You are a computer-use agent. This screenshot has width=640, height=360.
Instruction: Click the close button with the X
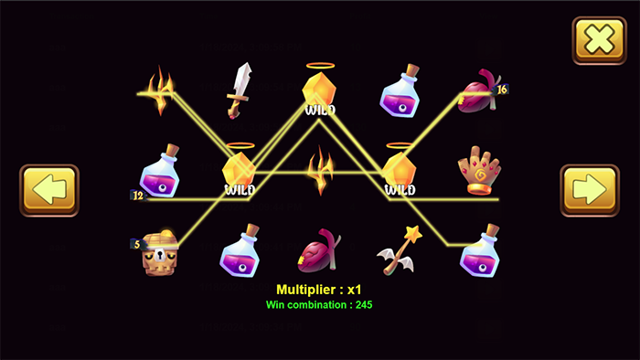[x=599, y=40]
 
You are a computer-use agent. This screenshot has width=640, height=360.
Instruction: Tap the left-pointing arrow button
[x=49, y=190]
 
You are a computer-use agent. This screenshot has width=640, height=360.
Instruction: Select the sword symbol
[x=240, y=89]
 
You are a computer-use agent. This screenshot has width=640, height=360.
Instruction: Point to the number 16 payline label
[x=501, y=90]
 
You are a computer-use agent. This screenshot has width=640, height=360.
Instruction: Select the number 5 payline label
[x=136, y=244]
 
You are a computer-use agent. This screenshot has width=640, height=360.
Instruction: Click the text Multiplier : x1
[x=319, y=289]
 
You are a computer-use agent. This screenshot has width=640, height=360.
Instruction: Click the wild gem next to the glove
[x=400, y=171]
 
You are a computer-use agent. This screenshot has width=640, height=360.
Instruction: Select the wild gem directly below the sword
[x=240, y=171]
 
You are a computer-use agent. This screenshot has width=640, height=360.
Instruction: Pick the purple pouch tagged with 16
[x=478, y=90]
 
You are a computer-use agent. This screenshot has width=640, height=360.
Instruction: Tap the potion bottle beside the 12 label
[x=162, y=171]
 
